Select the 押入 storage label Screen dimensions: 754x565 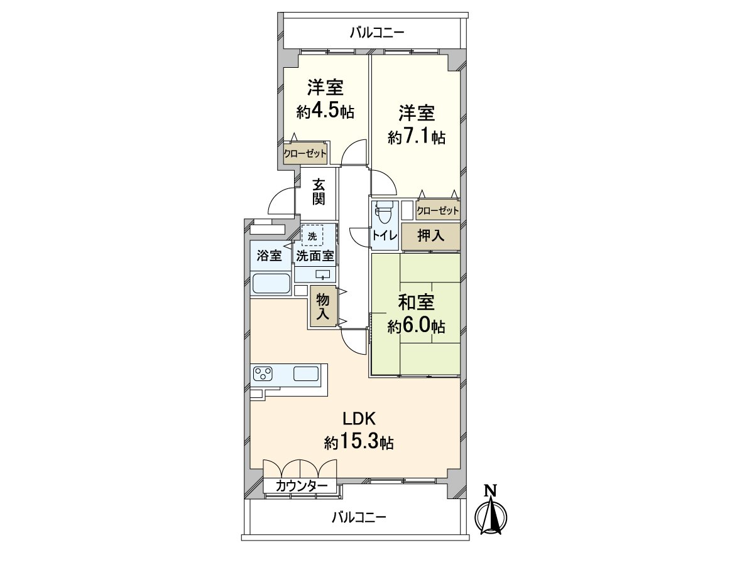(x=431, y=236)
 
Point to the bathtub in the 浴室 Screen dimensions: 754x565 (x=271, y=283)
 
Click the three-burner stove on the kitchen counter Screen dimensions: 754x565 (x=263, y=374)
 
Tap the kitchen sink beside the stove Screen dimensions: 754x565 (x=306, y=374)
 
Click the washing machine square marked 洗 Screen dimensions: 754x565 (x=312, y=235)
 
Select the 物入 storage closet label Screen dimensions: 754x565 (x=322, y=307)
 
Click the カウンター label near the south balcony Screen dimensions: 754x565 (x=301, y=485)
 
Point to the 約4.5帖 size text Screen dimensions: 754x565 (x=325, y=111)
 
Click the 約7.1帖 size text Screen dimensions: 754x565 (x=417, y=137)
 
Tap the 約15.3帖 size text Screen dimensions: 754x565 (x=359, y=443)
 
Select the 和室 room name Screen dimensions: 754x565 (x=417, y=302)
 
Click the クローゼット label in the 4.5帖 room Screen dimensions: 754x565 (x=305, y=153)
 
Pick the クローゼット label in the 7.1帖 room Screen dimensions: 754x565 (x=437, y=210)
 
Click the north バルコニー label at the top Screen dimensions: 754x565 (x=377, y=33)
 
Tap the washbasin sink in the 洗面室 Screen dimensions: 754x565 (x=322, y=274)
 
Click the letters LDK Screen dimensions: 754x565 (x=359, y=419)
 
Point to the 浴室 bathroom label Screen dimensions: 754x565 (x=270, y=256)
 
